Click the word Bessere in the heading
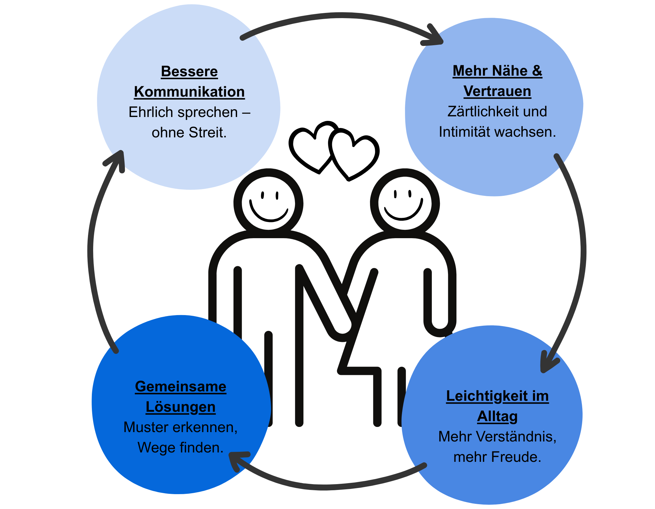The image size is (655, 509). (189, 71)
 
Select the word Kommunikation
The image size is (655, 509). (189, 92)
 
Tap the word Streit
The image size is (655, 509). (207, 133)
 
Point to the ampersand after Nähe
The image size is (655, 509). (537, 71)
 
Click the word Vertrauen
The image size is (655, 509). (497, 91)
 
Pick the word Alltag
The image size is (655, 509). (497, 417)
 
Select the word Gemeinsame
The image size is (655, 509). (180, 387)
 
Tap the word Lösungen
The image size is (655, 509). (180, 407)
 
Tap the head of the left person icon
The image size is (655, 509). (268, 203)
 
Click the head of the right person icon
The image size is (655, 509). (405, 203)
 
